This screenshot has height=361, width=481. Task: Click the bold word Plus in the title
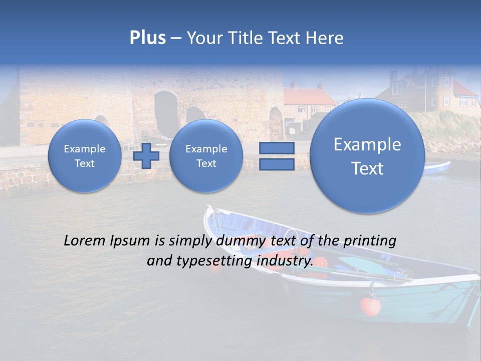147,38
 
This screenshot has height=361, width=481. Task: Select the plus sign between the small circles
146,156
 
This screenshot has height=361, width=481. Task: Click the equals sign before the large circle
277,156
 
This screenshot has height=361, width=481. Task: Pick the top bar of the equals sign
277,148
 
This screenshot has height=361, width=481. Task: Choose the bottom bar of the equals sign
277,164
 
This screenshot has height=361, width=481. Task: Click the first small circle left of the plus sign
84,156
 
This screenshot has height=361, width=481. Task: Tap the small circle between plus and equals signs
206,156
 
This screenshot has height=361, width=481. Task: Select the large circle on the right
367,156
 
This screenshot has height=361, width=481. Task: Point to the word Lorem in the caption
84,241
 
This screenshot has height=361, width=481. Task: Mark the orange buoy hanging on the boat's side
370,306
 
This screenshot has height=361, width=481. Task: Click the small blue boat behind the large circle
437,167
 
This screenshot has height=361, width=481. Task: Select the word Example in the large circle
367,144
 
